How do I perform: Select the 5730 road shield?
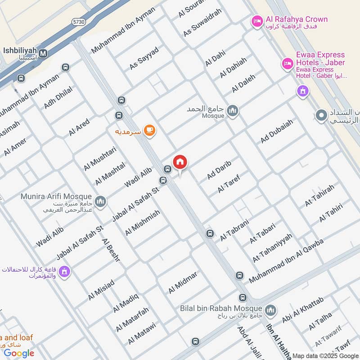tap(79, 22)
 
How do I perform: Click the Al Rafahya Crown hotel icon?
tap(257, 21)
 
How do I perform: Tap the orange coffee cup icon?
tap(149, 130)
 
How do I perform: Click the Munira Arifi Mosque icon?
tap(100, 201)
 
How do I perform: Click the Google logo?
tap(19, 353)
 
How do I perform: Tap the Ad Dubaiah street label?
tap(277, 131)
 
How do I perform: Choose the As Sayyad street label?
tap(144, 58)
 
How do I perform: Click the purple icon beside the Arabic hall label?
tap(64, 272)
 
